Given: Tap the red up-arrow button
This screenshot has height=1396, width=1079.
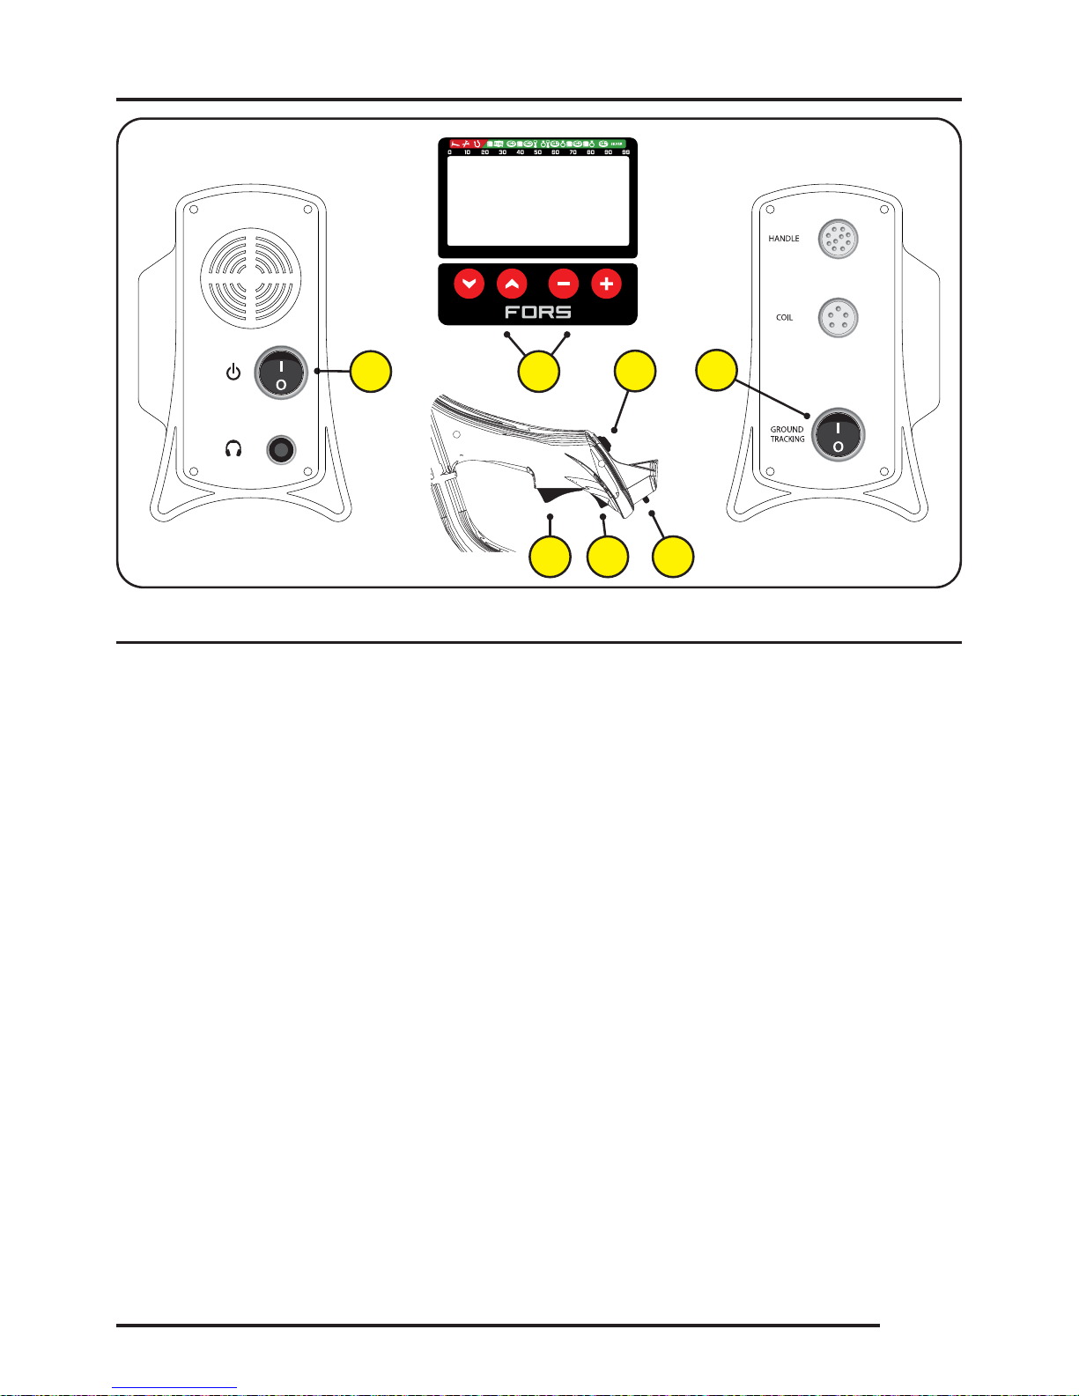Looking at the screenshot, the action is (512, 284).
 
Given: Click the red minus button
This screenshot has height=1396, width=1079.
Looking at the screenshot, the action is (564, 284).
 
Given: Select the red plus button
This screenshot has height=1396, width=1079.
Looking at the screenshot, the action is (606, 284).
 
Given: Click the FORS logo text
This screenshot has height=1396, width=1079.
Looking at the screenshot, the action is (537, 312).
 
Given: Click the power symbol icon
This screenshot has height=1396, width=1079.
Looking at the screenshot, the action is (233, 373).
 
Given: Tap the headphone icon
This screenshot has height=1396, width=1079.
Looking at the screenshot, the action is (233, 449).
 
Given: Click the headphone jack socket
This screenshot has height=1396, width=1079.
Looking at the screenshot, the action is (281, 450).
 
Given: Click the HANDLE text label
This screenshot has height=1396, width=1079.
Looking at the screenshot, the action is (783, 239).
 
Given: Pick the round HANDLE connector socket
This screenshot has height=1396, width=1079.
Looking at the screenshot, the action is (838, 239).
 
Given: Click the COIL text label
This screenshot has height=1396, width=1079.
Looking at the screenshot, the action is (784, 317).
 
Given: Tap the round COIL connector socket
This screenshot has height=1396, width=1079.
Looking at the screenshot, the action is (838, 317).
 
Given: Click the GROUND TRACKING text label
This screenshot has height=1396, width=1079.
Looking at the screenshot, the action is (787, 434).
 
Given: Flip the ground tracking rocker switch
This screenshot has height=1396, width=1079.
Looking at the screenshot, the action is (838, 434).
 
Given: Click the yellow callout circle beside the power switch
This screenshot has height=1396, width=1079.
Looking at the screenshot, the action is (371, 372).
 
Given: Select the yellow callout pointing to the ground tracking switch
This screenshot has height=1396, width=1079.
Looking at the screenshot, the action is (716, 371).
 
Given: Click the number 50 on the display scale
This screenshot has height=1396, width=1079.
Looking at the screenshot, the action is (537, 152).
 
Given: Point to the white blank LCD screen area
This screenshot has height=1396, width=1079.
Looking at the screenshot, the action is (537, 201).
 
